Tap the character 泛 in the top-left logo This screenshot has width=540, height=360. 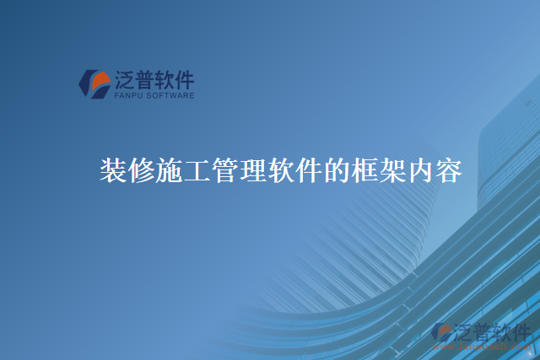(124, 80)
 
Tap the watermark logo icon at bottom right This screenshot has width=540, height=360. (441, 334)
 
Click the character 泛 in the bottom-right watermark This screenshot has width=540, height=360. (465, 331)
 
